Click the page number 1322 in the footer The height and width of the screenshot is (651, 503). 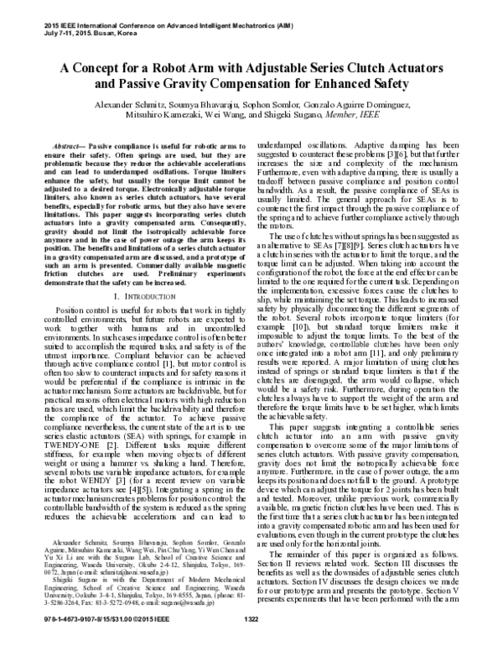(251, 642)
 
